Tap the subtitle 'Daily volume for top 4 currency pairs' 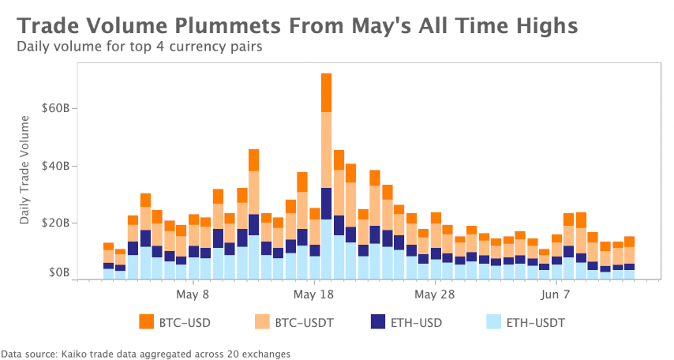(x=140, y=46)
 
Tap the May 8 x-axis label (x=193, y=294)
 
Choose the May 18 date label (x=312, y=294)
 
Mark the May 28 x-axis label (x=435, y=294)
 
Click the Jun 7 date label (x=556, y=294)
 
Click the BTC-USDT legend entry (x=302, y=322)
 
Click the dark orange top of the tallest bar (x=326, y=92)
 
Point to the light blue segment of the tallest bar (x=326, y=249)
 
